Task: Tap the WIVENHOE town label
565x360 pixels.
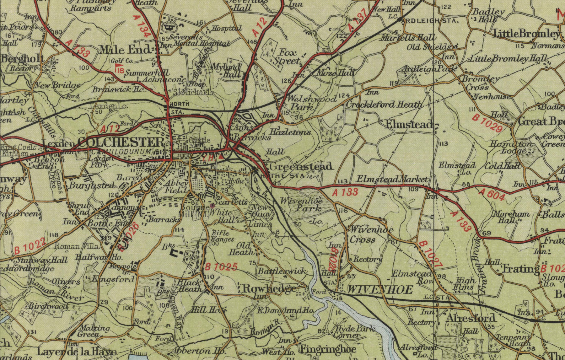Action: coord(379,290)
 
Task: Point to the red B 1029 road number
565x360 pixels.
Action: coord(487,123)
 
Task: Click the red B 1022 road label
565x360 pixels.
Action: coord(30,246)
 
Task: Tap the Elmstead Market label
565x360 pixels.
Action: coord(392,179)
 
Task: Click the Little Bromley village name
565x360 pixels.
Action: coord(526,34)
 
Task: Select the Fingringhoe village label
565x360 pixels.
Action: coord(328,349)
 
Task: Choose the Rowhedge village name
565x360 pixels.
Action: coord(270,288)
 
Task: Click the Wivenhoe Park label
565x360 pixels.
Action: coord(301,204)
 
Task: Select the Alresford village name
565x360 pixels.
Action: coord(471,318)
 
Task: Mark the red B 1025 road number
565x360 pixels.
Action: coord(221,267)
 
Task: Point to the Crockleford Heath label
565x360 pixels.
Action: coord(384,105)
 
